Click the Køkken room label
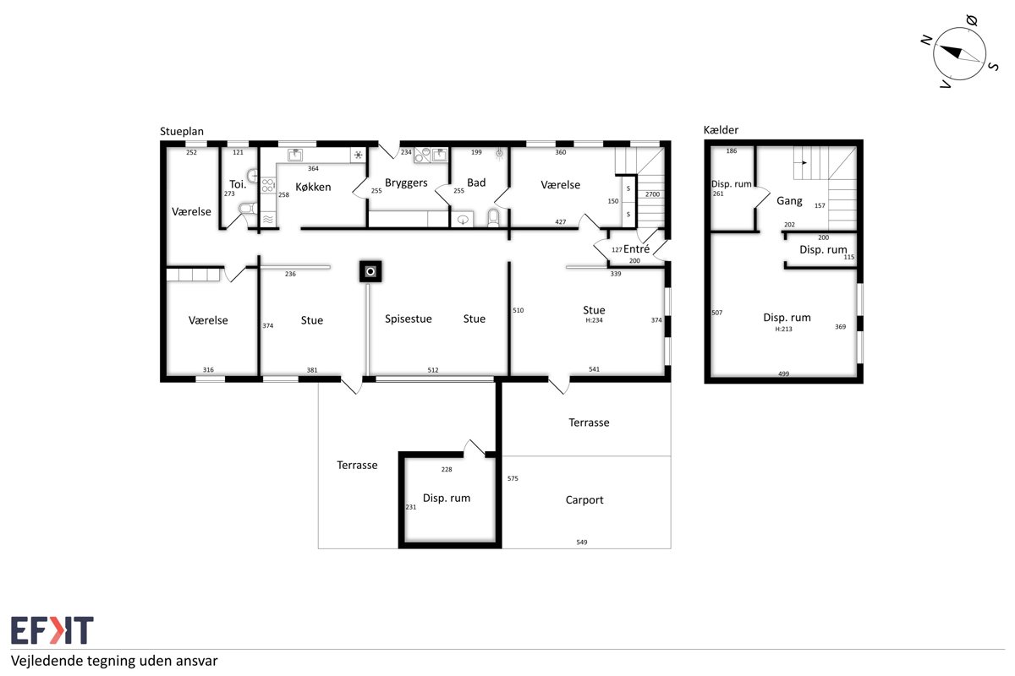(x=313, y=187)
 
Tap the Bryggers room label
(x=406, y=183)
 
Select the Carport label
(x=584, y=500)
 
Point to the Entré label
(x=636, y=249)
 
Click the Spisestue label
(x=409, y=319)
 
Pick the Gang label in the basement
(x=789, y=201)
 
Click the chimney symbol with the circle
(x=370, y=272)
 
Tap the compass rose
(x=959, y=53)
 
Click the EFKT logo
(x=52, y=630)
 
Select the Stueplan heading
(x=182, y=131)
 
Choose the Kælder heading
(x=721, y=130)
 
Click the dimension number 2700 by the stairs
(x=652, y=194)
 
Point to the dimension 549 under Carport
(x=582, y=542)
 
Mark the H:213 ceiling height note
(x=783, y=330)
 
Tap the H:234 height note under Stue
(x=594, y=320)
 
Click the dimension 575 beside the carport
(x=513, y=478)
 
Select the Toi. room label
(x=238, y=184)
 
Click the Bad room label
(x=476, y=183)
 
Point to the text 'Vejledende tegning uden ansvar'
(x=114, y=661)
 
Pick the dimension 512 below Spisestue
(x=433, y=370)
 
